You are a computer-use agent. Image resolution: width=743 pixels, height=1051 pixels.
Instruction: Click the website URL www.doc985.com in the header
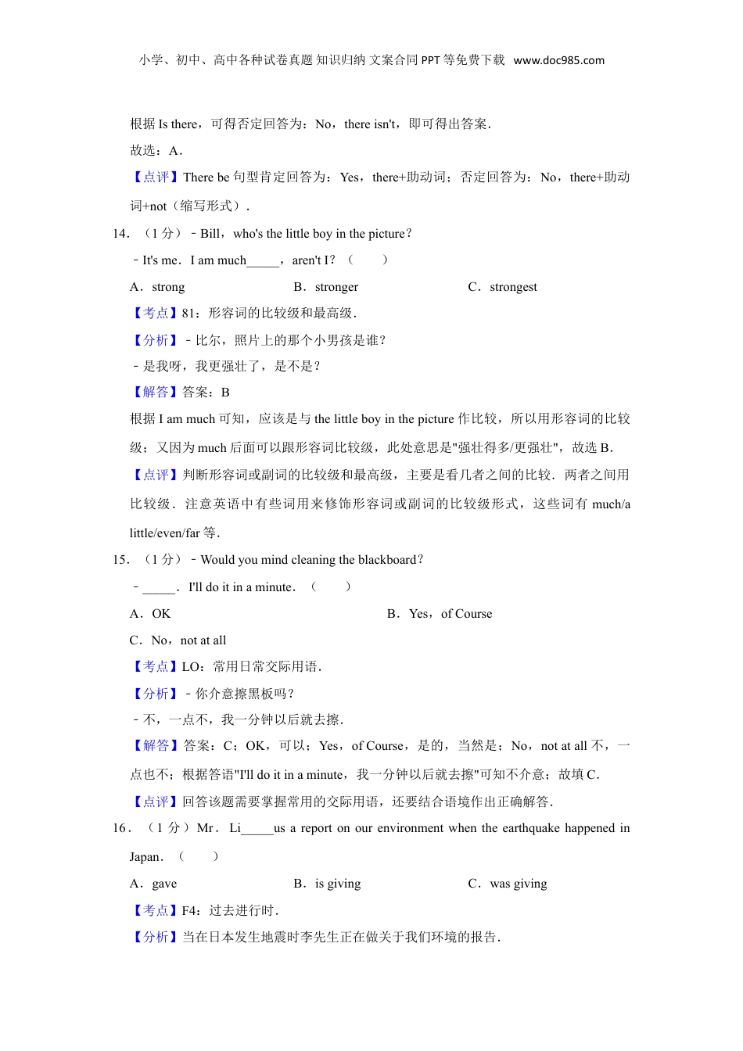(558, 60)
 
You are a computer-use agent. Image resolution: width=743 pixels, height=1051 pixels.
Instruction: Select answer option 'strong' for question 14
(168, 287)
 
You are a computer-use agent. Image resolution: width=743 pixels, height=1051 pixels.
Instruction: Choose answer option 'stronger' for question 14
(336, 287)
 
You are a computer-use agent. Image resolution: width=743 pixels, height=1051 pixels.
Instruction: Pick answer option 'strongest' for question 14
(513, 287)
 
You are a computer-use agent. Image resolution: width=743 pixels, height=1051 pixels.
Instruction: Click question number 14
(120, 234)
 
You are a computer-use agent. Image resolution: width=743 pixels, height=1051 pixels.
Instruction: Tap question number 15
(120, 560)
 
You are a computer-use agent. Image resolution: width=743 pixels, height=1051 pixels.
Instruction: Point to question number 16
(120, 828)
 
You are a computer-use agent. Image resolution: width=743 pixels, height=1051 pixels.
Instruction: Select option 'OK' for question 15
(161, 614)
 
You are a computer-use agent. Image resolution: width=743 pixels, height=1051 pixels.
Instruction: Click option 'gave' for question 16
(164, 884)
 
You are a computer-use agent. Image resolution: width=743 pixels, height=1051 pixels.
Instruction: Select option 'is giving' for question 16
(338, 884)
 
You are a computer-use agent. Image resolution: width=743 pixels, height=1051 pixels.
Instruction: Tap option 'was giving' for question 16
(519, 884)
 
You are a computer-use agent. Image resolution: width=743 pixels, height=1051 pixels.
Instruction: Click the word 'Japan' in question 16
(145, 857)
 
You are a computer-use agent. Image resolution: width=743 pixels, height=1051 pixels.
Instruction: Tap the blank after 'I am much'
(262, 261)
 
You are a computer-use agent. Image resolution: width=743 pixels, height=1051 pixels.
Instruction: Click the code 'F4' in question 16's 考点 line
(189, 911)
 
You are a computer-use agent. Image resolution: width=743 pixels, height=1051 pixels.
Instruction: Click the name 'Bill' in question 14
(210, 234)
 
